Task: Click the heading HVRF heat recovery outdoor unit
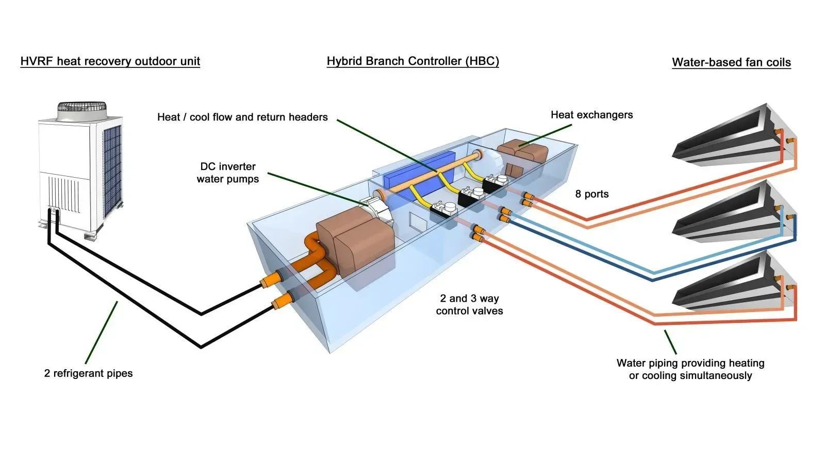tap(110, 61)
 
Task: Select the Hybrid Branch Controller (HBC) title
tap(412, 61)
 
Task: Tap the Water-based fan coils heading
tap(731, 62)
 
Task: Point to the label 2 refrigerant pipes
tap(88, 373)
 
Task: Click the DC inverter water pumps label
tap(227, 173)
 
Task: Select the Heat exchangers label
tap(591, 115)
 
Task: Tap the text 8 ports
tap(591, 194)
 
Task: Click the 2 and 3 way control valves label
tap(469, 304)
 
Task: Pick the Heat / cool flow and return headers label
tap(242, 117)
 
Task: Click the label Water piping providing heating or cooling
tap(690, 369)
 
